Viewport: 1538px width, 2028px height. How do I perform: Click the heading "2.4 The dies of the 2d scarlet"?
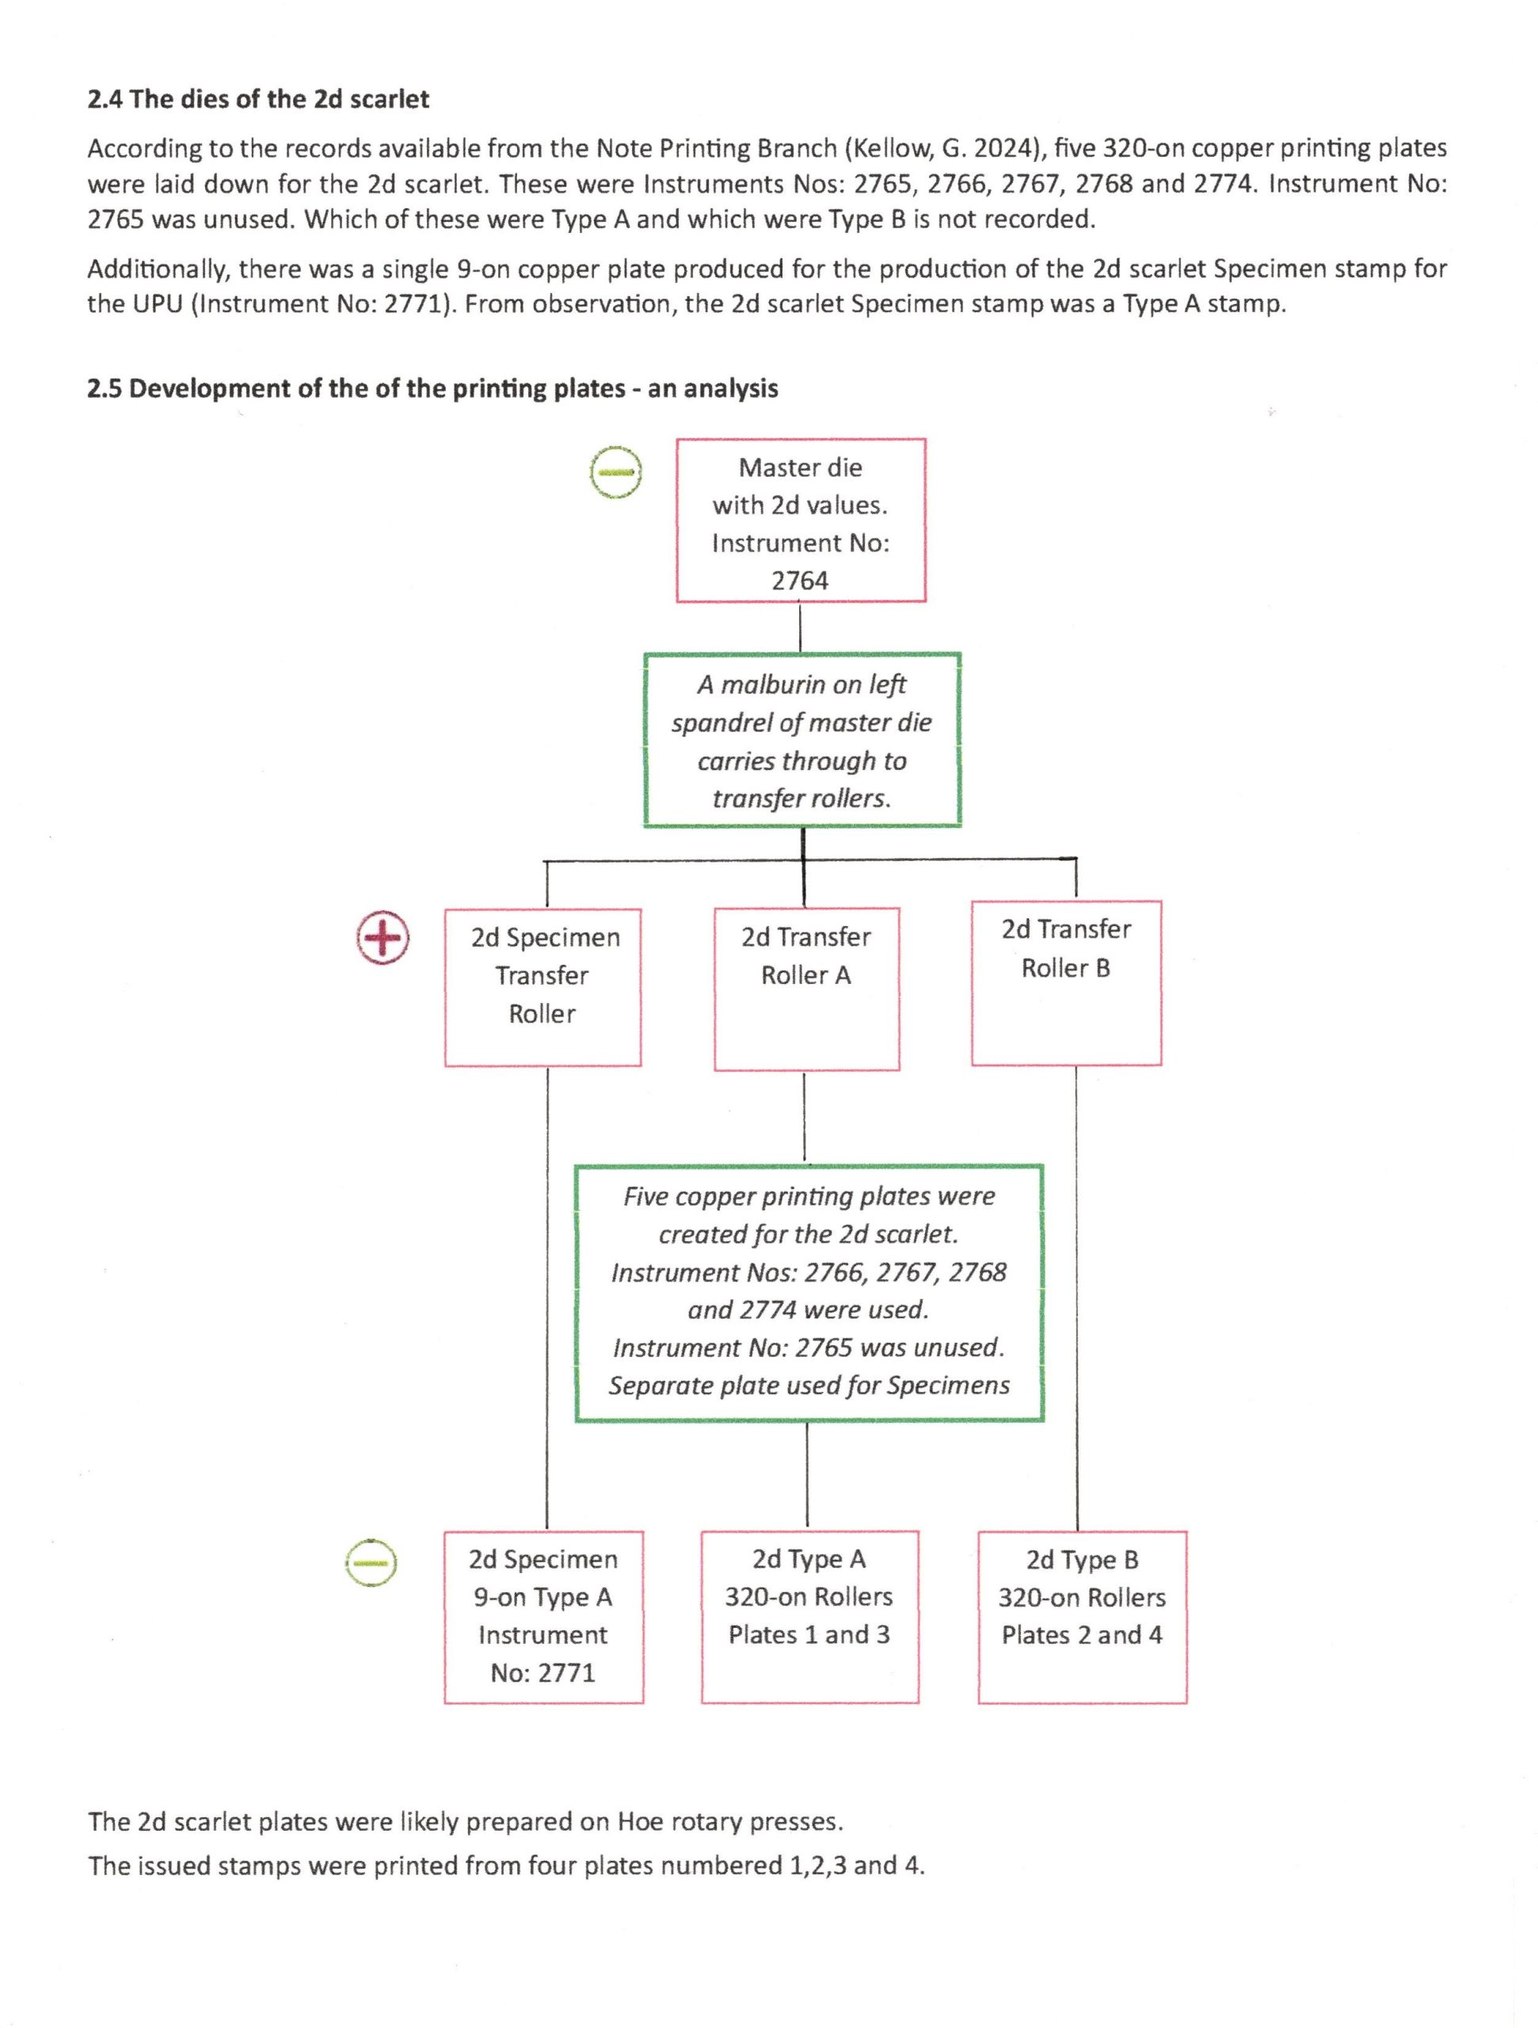[257, 99]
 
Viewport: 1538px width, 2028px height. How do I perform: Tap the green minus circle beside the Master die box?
[615, 472]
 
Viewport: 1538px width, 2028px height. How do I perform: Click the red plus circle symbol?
[383, 937]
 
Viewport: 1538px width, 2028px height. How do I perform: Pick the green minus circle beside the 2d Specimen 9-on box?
[371, 1561]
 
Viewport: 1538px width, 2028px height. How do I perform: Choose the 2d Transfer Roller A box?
[806, 989]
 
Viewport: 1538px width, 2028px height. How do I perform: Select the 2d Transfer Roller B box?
[1066, 983]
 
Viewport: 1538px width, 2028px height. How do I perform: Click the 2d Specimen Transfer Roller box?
[542, 987]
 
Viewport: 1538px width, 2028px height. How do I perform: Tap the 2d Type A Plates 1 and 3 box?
[809, 1616]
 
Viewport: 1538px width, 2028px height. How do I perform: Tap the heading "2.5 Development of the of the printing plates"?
[432, 389]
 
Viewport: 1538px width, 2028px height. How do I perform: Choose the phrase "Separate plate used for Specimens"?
[809, 1386]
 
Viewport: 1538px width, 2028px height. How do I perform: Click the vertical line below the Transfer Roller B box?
[1076, 1298]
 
